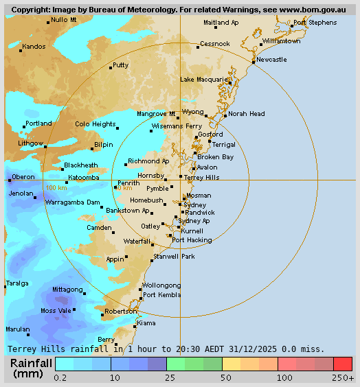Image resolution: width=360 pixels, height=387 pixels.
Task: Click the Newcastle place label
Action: [x=272, y=60]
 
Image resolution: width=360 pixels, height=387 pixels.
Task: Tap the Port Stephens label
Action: [x=315, y=23]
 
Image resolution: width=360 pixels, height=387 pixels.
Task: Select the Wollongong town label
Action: [x=161, y=285]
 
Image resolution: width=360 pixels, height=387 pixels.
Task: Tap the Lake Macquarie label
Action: [x=205, y=80]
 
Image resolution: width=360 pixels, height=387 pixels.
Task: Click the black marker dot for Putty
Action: [x=111, y=68]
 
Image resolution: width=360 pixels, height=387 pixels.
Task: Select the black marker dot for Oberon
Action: [x=10, y=180]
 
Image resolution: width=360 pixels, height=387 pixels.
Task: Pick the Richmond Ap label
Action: [x=148, y=161]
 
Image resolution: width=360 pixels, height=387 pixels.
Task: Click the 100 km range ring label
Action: [x=56, y=187]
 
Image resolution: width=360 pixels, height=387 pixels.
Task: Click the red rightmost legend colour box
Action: [x=343, y=364]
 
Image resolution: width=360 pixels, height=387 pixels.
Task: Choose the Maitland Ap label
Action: [x=221, y=23]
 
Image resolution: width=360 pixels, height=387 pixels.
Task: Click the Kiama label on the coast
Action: [x=146, y=322]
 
